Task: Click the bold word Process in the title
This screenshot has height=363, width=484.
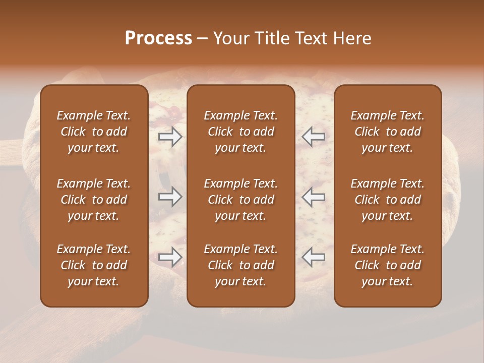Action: coord(158,38)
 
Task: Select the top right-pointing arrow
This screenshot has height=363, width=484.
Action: coord(170,137)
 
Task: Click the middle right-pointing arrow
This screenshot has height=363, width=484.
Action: coord(170,197)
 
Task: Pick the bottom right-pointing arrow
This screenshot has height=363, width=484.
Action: coord(170,257)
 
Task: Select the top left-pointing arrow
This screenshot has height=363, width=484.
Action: coord(313,137)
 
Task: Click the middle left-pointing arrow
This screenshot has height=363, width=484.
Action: coord(313,197)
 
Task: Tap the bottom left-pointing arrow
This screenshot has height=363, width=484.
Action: coord(313,257)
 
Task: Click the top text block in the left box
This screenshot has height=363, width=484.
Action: coord(94,132)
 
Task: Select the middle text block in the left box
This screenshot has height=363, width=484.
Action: coord(94,200)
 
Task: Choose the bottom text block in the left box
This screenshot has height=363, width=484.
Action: coord(94,265)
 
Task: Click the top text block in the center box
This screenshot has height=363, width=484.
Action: coord(240,132)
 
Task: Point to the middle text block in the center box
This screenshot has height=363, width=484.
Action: coord(240,200)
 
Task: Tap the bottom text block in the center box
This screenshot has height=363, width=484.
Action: coord(240,265)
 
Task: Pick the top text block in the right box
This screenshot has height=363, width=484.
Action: coord(387,132)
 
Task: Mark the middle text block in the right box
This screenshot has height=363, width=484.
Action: coord(387,200)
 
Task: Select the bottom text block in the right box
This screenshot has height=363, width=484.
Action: coord(387,265)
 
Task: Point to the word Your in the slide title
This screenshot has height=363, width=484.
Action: coord(229,38)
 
